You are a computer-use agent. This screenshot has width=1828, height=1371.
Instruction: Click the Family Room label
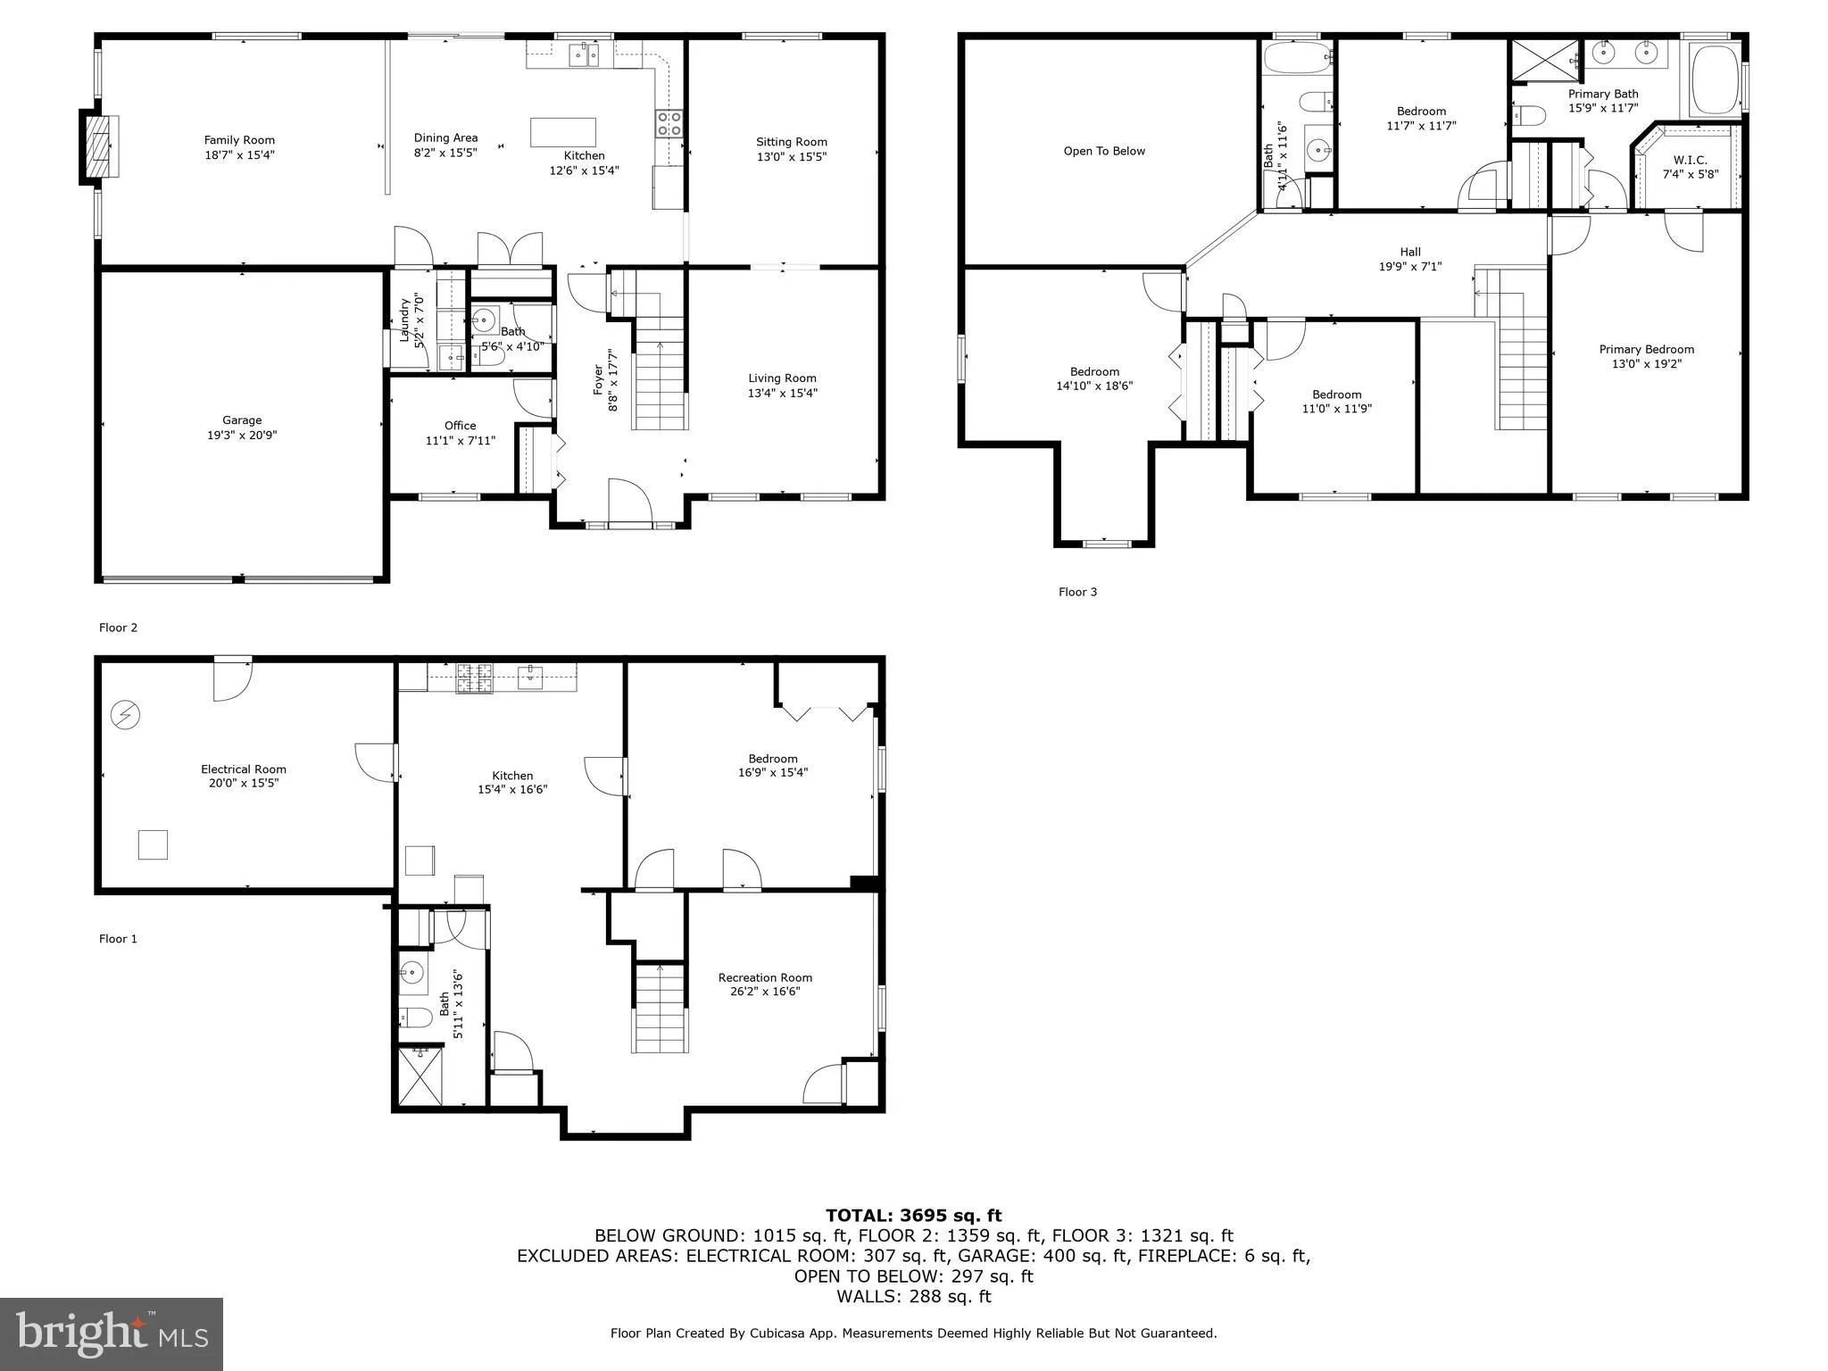(x=239, y=140)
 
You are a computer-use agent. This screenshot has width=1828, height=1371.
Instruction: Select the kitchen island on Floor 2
(x=562, y=132)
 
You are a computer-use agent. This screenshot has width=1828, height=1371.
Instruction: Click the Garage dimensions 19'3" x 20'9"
(x=242, y=436)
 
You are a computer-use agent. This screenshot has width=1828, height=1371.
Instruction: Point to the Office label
(x=460, y=426)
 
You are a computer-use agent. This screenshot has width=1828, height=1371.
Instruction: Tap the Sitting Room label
(x=791, y=142)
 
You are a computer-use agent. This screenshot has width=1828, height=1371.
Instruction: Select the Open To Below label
(x=1104, y=151)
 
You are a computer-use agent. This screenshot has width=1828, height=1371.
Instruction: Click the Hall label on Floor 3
(x=1410, y=252)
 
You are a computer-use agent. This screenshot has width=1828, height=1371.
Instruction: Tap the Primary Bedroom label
(x=1646, y=350)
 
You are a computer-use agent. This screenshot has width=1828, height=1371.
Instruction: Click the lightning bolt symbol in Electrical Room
(x=126, y=715)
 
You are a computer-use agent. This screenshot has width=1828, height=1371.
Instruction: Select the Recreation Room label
(x=765, y=977)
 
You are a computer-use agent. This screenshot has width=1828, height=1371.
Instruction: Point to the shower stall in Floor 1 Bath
(x=420, y=1076)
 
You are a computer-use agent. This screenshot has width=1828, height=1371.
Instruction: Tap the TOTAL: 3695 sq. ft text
(x=913, y=1216)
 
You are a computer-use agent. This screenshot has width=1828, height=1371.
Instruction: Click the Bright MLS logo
(x=111, y=1334)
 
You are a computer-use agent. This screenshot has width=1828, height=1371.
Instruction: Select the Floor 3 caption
(x=1077, y=592)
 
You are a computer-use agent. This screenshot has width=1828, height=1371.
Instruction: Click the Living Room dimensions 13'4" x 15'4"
(x=782, y=393)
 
